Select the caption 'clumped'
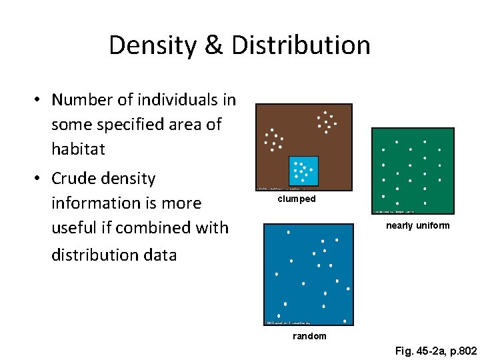(x=297, y=199)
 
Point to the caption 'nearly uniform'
(x=418, y=225)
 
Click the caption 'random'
(x=310, y=336)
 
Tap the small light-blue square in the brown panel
(x=303, y=171)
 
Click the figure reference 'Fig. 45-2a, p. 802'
(x=436, y=350)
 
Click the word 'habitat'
(x=78, y=149)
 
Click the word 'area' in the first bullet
(x=189, y=125)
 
